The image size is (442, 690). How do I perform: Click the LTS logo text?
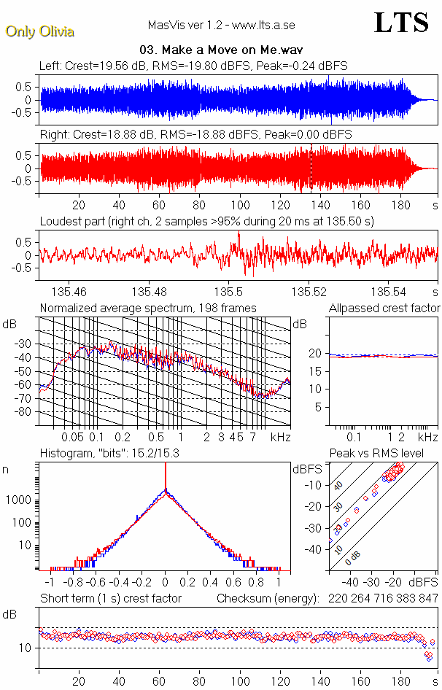coord(401,23)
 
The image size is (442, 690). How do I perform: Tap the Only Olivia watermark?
coord(39,31)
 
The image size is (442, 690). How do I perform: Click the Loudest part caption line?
coord(206,221)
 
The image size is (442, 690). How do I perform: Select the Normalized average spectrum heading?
coord(148,308)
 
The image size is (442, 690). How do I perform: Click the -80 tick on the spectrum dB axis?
coord(24,412)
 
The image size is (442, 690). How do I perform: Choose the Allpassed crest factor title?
coord(385,308)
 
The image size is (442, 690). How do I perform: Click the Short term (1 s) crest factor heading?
coord(110,598)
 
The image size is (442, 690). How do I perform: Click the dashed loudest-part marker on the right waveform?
coord(311,168)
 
